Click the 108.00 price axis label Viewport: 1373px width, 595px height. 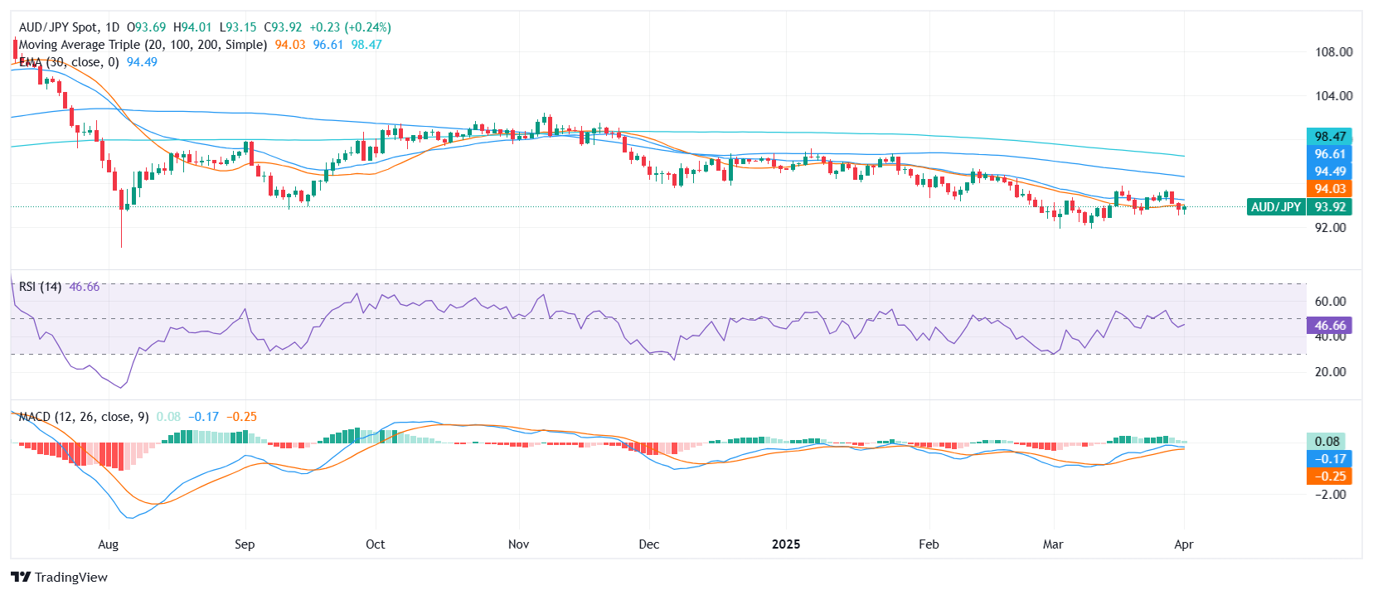coord(1333,51)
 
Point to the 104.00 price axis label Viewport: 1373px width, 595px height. coord(1333,95)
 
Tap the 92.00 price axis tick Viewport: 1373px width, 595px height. coord(1330,227)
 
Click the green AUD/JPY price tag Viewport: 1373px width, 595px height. coord(1275,207)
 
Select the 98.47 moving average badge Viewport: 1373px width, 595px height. coord(1329,137)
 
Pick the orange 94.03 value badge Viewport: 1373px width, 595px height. coord(1329,189)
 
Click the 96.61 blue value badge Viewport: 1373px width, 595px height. coord(1329,154)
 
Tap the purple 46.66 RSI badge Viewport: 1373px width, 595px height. coord(1329,326)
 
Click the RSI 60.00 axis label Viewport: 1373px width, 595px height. coord(1330,301)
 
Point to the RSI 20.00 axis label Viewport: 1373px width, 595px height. coord(1330,371)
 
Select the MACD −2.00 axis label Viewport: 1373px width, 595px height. coord(1330,494)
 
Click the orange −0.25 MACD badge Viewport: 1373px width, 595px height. coord(1329,476)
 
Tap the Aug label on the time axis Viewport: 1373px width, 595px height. coord(108,544)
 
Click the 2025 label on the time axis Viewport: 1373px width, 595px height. coord(786,544)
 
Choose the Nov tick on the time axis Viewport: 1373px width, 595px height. coord(518,544)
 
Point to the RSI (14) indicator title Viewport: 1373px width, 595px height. coord(40,287)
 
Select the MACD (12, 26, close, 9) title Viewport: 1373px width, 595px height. coord(83,417)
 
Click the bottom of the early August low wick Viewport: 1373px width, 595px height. coord(122,246)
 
